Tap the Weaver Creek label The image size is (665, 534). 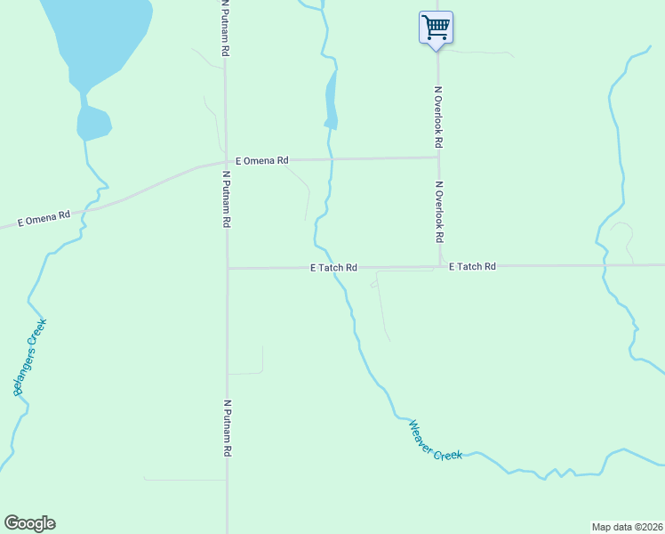[x=436, y=441]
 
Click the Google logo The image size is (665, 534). [x=29, y=523]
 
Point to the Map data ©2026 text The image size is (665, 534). [x=628, y=527]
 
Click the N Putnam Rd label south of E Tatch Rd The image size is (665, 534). [x=228, y=428]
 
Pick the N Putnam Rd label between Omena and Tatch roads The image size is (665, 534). [x=228, y=199]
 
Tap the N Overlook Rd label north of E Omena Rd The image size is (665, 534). [x=438, y=117]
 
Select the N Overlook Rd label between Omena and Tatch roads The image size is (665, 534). [x=439, y=213]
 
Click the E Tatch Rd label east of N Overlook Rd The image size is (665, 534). [x=472, y=266]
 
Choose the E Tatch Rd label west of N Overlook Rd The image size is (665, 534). [x=333, y=267]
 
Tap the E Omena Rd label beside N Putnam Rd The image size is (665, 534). [x=262, y=160]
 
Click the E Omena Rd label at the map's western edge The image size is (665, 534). [x=44, y=217]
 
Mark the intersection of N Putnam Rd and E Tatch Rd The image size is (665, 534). [x=228, y=267]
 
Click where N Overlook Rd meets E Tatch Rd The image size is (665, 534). [x=439, y=265]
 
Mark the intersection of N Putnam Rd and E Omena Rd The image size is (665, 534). [x=226, y=161]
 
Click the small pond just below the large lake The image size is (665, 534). [x=92, y=123]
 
